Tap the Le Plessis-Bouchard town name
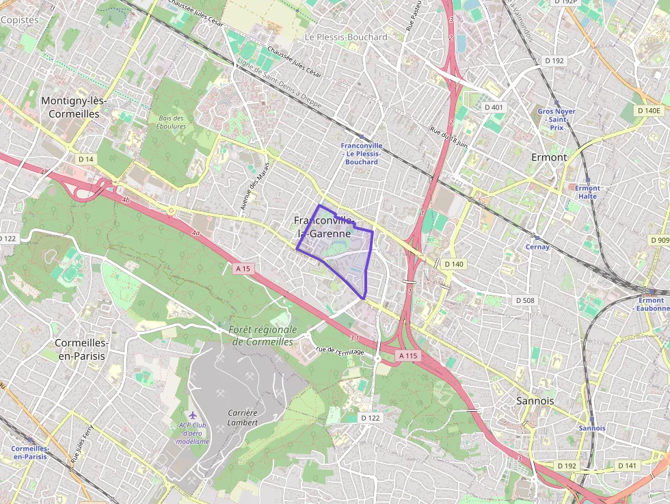coord(346,37)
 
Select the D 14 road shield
coord(85,159)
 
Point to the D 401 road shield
coord(493,107)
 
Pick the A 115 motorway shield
coord(408,356)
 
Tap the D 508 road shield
coord(524,300)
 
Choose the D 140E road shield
coord(649,110)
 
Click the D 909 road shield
coord(660,240)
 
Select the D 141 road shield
coord(626,466)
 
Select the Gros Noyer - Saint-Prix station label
coord(556,119)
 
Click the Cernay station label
coord(537,247)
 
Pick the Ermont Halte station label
coord(587,192)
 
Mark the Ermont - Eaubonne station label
coord(651,304)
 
